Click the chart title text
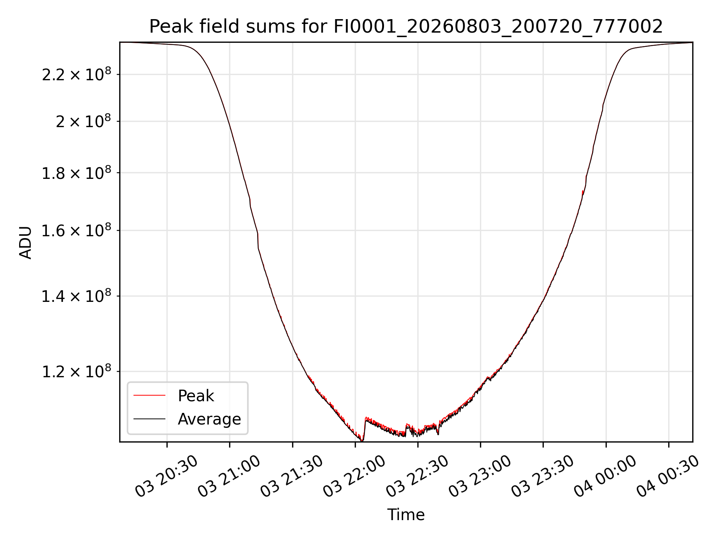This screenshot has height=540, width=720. coord(406,27)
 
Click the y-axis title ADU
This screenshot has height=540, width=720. coord(25,242)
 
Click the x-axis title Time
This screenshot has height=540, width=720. coord(406,514)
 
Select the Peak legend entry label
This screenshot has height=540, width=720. coord(196,396)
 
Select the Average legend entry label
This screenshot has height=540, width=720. coord(209,419)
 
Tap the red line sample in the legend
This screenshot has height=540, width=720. coord(149,395)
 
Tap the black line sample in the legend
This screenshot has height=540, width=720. coord(149,418)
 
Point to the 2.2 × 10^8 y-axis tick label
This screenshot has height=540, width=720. coord(76,74)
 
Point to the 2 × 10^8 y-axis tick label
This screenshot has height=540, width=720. coord(83,121)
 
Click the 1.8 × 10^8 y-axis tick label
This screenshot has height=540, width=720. coord(76,173)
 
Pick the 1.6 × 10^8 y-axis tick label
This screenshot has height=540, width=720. coord(76,230)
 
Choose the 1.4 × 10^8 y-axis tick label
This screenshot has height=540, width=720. coord(76,296)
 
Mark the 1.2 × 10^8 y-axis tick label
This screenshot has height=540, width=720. coord(76,372)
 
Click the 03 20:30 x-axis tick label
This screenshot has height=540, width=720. coord(166,476)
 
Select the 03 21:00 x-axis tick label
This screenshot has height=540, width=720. coord(229,476)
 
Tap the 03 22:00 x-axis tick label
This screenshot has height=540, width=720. coord(354,476)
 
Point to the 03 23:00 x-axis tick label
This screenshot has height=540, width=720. coord(480,476)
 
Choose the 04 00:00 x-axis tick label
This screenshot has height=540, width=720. coord(605,476)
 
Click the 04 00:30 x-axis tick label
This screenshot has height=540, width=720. coord(668,476)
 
